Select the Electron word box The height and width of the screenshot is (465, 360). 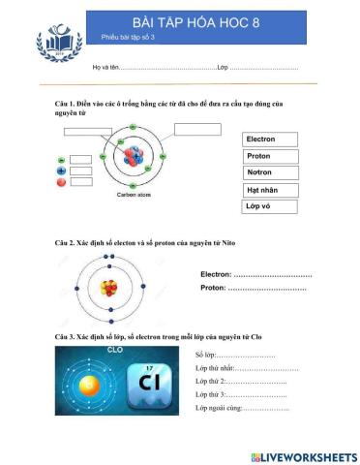tap(268, 139)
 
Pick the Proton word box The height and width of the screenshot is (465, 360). tap(268, 156)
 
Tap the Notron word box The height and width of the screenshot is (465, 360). tap(268, 172)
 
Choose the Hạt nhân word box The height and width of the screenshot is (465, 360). tap(268, 190)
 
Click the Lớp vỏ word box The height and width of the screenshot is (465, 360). tap(268, 206)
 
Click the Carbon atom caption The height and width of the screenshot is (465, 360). tap(134, 195)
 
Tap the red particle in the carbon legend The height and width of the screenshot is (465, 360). tap(61, 182)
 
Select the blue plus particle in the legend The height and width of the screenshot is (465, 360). tap(61, 170)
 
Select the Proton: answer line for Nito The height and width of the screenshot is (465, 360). tap(267, 288)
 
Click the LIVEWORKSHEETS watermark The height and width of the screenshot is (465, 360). tap(303, 455)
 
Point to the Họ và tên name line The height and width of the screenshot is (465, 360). tap(165, 68)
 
